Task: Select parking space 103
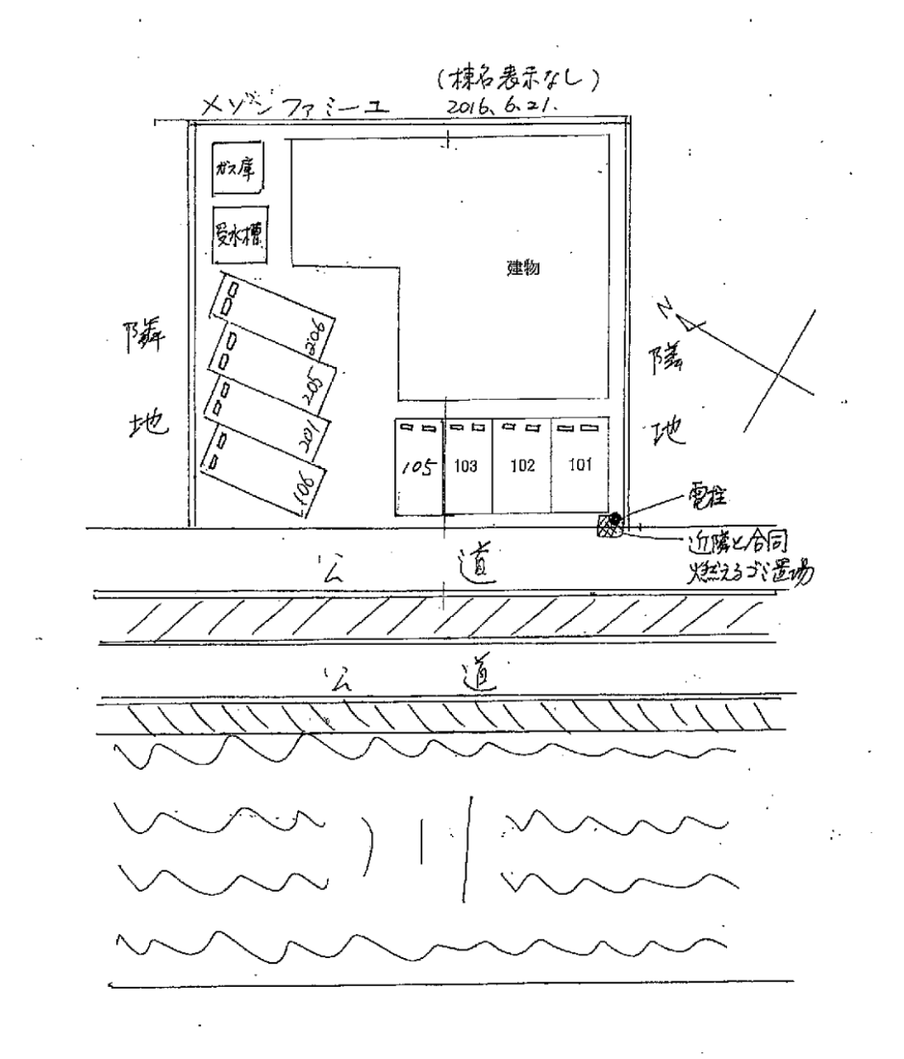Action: click(x=467, y=468)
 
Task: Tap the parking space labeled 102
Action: click(x=522, y=468)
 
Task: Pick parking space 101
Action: click(x=580, y=468)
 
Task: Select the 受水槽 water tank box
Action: click(x=239, y=235)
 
